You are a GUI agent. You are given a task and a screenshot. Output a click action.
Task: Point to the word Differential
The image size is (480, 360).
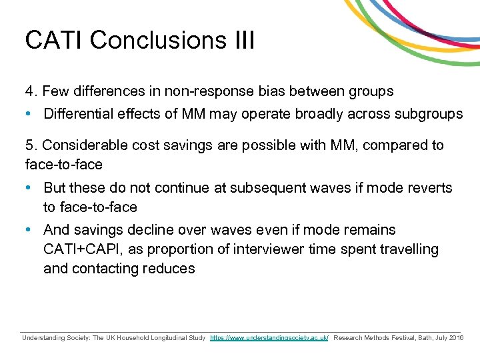[x=79, y=113]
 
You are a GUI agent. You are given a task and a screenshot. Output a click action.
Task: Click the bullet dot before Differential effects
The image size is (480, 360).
[x=29, y=113]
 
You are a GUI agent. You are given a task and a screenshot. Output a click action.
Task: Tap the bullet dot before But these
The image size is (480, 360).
[x=29, y=188]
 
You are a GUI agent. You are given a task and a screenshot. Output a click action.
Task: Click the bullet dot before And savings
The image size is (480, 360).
[x=29, y=230]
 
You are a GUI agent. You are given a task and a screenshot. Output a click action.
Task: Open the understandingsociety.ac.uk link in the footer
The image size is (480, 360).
[x=269, y=339]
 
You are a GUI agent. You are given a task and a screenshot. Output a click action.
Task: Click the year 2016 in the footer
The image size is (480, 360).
[x=456, y=339]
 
